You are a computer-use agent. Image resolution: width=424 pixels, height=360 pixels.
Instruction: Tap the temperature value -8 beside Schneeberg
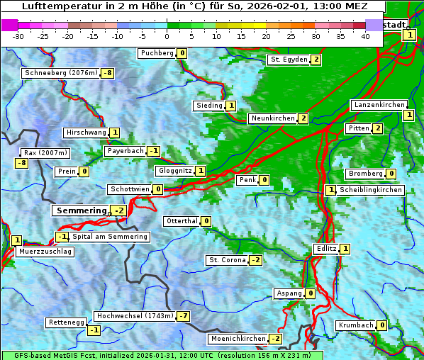pyautogui.click(x=108, y=73)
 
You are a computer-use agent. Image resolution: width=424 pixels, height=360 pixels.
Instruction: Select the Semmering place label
pyautogui.click(x=81, y=210)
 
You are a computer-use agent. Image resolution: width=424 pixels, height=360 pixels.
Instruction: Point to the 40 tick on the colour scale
pyautogui.click(x=365, y=36)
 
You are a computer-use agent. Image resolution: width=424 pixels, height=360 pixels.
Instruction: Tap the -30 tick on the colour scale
pyautogui.click(x=18, y=36)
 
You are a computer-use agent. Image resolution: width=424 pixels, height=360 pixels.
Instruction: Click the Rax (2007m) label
pyautogui.click(x=45, y=152)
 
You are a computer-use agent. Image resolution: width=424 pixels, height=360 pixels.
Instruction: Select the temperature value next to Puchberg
pyautogui.click(x=182, y=53)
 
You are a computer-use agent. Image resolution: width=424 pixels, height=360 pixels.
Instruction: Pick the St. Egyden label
pyautogui.click(x=288, y=60)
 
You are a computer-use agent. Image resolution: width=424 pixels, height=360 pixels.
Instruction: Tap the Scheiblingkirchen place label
pyautogui.click(x=371, y=190)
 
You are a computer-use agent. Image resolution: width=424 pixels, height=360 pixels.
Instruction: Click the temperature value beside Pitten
pyautogui.click(x=377, y=128)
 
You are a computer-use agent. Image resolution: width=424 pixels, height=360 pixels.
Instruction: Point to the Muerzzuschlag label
pyautogui.click(x=45, y=252)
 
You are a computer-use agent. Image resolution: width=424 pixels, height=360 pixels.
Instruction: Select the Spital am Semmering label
pyautogui.click(x=110, y=237)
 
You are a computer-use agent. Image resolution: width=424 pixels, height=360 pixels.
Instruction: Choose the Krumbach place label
pyautogui.click(x=355, y=325)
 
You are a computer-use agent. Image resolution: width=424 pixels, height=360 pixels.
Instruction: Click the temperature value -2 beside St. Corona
pyautogui.click(x=255, y=260)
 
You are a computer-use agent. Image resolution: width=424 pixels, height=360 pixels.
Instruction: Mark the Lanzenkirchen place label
pyautogui.click(x=379, y=105)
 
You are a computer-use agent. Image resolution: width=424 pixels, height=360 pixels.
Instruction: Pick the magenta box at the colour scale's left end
pyautogui.click(x=9, y=25)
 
